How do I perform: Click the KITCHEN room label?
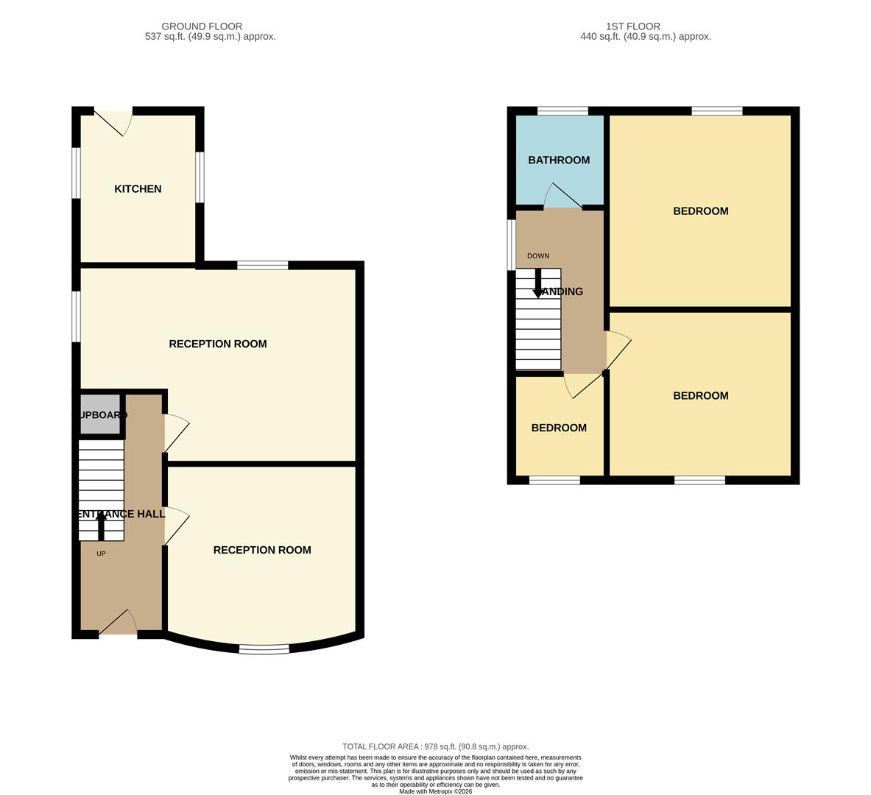point(138,189)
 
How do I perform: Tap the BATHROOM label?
point(559,160)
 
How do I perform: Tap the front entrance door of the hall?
point(118,623)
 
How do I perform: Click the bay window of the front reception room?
point(264,649)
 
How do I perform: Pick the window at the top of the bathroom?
point(563,111)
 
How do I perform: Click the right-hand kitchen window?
point(200,177)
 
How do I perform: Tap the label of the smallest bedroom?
point(559,428)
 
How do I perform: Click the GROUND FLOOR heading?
point(202,26)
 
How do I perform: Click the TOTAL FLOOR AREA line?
point(435,746)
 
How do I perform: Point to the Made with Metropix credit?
point(435,791)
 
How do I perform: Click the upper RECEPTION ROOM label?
point(218,344)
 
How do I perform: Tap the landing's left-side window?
point(511,244)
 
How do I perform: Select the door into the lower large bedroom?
point(618,349)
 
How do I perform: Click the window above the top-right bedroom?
point(716,111)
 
